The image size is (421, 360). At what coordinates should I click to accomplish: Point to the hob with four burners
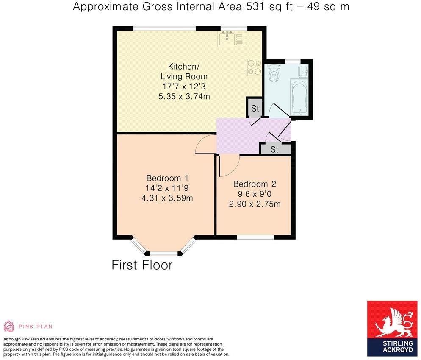click(253, 67)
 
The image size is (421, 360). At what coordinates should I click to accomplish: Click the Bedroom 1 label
click(167, 178)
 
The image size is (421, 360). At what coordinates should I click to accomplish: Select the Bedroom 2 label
click(255, 184)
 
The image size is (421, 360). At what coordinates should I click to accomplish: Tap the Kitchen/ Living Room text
click(184, 72)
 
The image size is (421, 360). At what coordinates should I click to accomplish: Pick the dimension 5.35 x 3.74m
click(184, 97)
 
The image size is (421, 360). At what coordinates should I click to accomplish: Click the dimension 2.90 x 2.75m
click(255, 204)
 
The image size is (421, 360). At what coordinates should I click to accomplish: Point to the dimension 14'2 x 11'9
click(167, 188)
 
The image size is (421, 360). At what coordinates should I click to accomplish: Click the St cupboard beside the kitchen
click(255, 109)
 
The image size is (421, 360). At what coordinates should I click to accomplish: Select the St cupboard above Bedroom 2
click(274, 149)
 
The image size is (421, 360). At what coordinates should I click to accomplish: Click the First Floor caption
click(142, 265)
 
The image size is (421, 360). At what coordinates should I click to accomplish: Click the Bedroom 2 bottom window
click(255, 237)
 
